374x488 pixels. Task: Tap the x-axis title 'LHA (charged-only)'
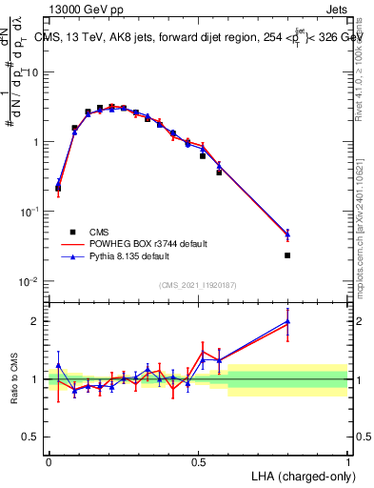click(x=304, y=475)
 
